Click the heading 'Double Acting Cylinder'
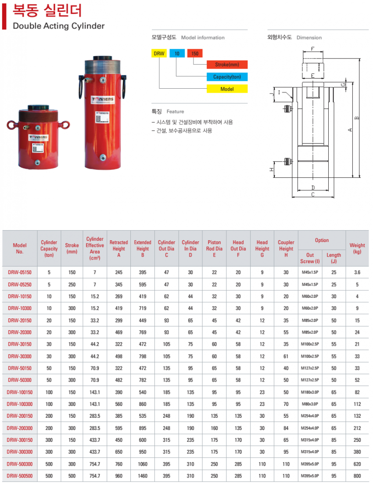coord(59,26)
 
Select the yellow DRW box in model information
coord(159,54)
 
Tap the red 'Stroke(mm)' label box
coord(227,65)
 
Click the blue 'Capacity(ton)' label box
coord(227,77)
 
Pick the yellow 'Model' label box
coord(227,89)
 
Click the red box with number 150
coord(195,54)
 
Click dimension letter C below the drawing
coord(312,194)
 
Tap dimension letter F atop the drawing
coord(312,49)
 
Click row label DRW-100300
coord(20,404)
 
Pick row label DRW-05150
coord(20,272)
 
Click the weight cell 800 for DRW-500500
coord(357,476)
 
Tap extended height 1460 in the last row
coord(142,476)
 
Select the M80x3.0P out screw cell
coord(310,404)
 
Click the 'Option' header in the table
coord(322,240)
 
